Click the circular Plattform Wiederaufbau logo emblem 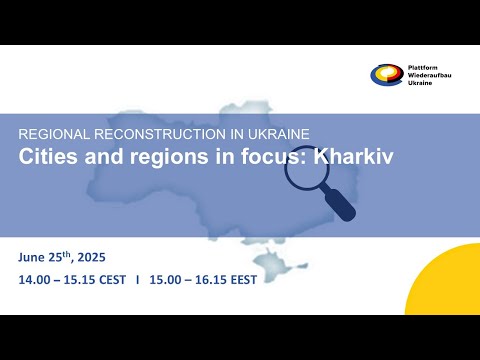[x=386, y=76]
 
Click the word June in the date [x=33, y=257]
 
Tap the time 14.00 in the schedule [x=32, y=279]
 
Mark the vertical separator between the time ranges [x=137, y=279]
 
